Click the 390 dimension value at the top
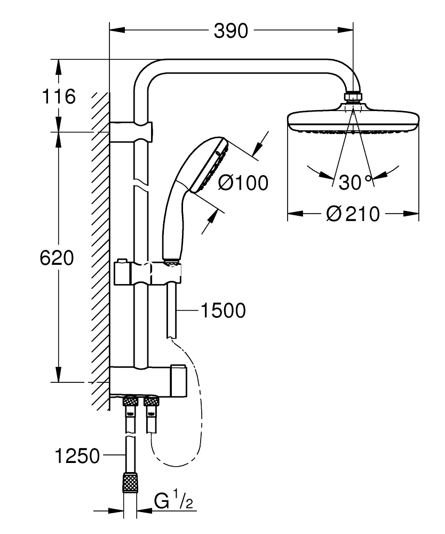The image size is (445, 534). pyautogui.click(x=231, y=31)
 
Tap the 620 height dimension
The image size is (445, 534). pyautogui.click(x=57, y=258)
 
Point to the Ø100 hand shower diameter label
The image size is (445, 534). pyautogui.click(x=243, y=183)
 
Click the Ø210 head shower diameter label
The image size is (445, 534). pyautogui.click(x=353, y=214)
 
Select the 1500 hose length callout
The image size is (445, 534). pyautogui.click(x=223, y=310)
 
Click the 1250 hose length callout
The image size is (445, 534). pyautogui.click(x=77, y=456)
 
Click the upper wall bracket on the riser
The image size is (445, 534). pyautogui.click(x=131, y=131)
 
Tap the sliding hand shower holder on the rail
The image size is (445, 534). pyautogui.click(x=147, y=272)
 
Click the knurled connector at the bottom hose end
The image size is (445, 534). pyautogui.click(x=130, y=482)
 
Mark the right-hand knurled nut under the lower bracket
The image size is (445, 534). pyautogui.click(x=152, y=400)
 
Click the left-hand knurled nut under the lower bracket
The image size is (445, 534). pyautogui.click(x=130, y=400)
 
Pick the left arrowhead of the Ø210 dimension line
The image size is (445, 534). pyautogui.click(x=295, y=214)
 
